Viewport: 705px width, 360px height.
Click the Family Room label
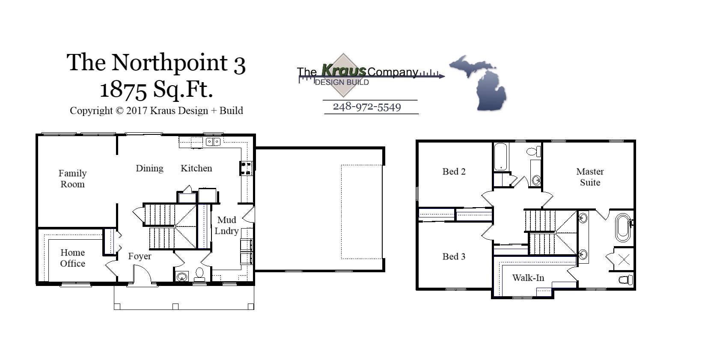pos(72,179)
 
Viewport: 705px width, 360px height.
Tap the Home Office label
pos(72,258)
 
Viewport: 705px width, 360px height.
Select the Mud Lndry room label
pos(226,226)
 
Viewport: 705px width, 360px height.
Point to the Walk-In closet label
pos(528,278)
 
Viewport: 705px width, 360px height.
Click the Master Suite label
pos(590,177)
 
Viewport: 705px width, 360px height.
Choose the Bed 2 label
pos(454,172)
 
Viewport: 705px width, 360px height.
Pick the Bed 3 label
pos(454,256)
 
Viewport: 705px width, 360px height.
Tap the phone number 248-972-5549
pos(367,107)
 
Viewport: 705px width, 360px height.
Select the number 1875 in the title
pos(124,89)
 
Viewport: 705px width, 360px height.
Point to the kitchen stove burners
pos(246,168)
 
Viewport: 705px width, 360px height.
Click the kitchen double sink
pos(213,142)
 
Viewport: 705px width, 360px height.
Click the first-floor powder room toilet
pos(199,274)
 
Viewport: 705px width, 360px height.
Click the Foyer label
pos(140,256)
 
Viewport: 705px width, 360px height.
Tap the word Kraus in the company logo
pos(344,70)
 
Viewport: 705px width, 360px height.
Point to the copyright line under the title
pos(156,111)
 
